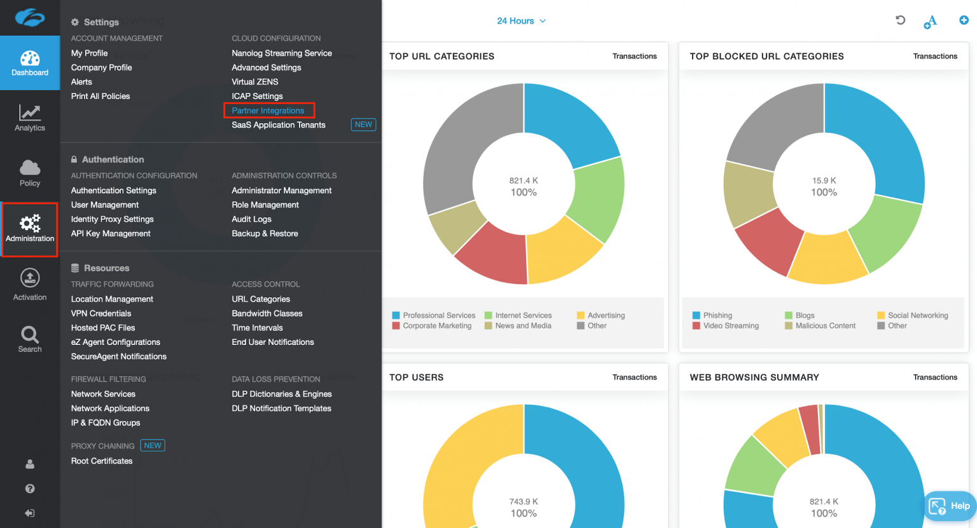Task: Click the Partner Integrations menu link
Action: click(x=268, y=111)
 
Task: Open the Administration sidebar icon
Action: click(x=30, y=229)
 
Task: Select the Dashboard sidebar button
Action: click(x=30, y=64)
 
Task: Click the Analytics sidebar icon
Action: click(x=30, y=118)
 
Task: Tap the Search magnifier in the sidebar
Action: click(x=30, y=339)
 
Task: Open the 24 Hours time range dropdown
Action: click(x=521, y=21)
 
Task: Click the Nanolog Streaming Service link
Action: click(x=282, y=53)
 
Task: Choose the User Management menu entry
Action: click(x=105, y=205)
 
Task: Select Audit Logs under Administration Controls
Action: click(x=251, y=219)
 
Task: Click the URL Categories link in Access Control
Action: click(x=261, y=299)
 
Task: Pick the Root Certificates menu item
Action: click(x=102, y=461)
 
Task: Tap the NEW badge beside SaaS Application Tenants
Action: click(x=363, y=125)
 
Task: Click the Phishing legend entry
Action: click(x=717, y=316)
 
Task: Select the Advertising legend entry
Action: click(x=606, y=316)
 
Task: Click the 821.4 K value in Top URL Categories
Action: click(x=523, y=181)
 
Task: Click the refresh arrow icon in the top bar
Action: click(x=900, y=20)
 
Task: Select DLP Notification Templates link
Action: click(x=281, y=409)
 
